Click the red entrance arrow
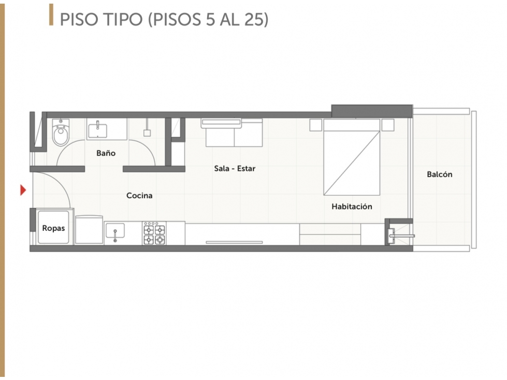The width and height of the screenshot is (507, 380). click(23, 190)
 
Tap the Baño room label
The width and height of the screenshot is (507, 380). click(106, 153)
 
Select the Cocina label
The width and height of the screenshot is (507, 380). click(139, 196)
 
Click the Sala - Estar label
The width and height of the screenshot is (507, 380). click(235, 168)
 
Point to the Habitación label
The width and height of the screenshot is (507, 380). click(352, 207)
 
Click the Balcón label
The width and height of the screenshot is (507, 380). click(440, 174)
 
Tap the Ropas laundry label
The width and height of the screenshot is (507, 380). click(53, 228)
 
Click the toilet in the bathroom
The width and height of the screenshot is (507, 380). click(61, 133)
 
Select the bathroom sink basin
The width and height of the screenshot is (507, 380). click(97, 129)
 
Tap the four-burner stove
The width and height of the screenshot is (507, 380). click(154, 233)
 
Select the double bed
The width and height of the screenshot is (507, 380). click(352, 157)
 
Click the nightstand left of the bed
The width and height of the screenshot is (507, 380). click(316, 125)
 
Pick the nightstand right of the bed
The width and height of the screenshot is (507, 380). click(388, 125)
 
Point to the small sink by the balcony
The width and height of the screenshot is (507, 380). click(392, 236)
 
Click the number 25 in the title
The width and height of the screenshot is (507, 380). click(254, 19)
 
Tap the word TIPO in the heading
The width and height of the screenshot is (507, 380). click(123, 19)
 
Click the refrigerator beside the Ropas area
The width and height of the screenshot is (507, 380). click(89, 230)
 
